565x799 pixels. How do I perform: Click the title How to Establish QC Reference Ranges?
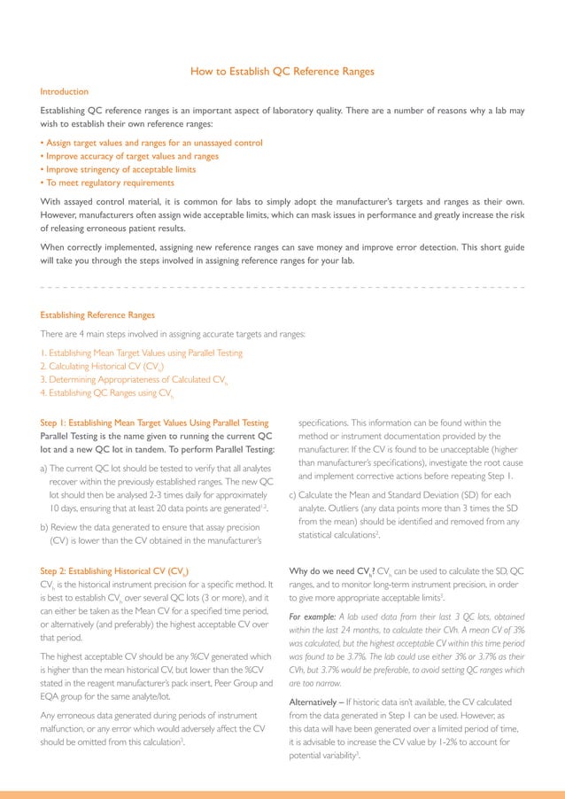tap(282, 72)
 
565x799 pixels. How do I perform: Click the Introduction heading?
tap(65, 91)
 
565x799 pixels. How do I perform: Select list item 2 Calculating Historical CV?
tap(102, 366)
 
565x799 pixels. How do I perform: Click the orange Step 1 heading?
tap(154, 423)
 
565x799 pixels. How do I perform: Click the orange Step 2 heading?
tap(115, 571)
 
